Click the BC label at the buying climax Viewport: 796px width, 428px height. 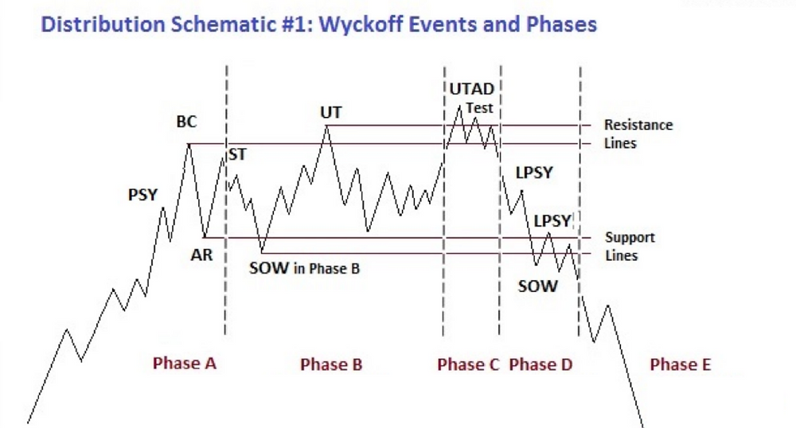pos(186,122)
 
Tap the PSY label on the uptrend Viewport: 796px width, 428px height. pos(142,195)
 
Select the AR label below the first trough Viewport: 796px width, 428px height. pos(201,255)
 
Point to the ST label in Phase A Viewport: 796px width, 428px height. pos(237,154)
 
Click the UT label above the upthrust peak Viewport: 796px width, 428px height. pos(331,113)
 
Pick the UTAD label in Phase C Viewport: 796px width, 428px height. pos(471,89)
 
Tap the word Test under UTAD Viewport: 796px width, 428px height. pos(479,108)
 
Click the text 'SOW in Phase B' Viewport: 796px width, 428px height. pos(304,268)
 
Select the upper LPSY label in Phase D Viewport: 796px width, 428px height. pos(534,173)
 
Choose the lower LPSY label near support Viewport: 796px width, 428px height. pos(552,221)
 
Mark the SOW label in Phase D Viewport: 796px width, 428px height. pos(537,286)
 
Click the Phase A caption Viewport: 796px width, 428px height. pos(185,363)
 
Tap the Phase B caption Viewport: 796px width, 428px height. pos(331,364)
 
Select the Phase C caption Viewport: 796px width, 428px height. pos(468,364)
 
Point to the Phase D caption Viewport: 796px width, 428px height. pos(540,364)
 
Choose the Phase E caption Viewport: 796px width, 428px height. pos(681,364)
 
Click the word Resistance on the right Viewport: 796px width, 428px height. pos(638,125)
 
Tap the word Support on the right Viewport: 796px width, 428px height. pos(630,237)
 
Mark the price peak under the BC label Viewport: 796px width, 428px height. pos(189,145)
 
